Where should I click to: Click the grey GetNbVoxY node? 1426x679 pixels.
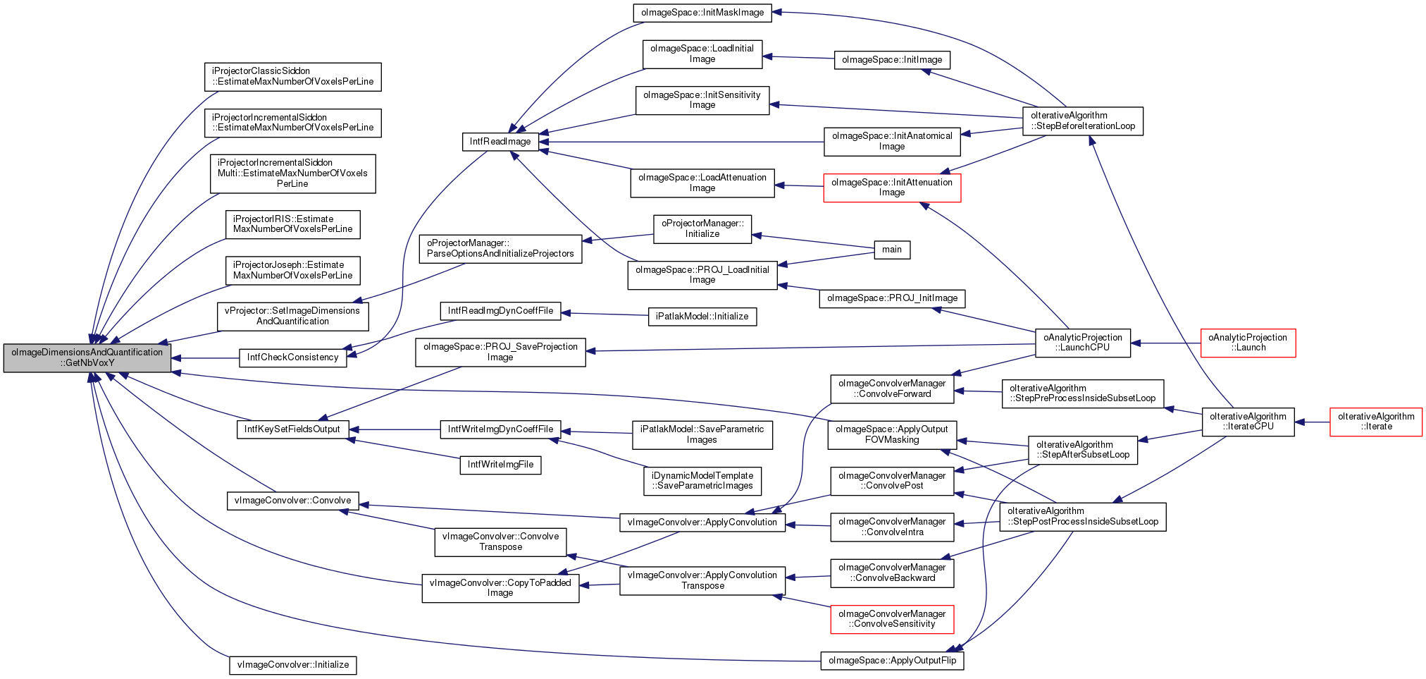point(87,357)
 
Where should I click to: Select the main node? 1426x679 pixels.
point(891,250)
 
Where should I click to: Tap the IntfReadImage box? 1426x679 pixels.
point(500,142)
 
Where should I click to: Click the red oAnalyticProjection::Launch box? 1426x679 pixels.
point(1247,343)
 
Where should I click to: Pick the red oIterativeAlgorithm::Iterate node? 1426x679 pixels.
point(1375,422)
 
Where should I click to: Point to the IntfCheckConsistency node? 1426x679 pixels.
point(292,357)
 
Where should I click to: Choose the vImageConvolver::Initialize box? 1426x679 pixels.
point(292,665)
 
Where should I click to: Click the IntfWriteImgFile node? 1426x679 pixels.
point(500,465)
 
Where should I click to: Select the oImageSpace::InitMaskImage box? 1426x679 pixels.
point(702,13)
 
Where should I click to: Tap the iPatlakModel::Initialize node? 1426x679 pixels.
point(702,317)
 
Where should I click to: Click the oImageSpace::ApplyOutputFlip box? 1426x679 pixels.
point(892,661)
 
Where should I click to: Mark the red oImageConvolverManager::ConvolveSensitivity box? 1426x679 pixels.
point(892,619)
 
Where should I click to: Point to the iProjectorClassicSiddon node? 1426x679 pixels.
point(292,76)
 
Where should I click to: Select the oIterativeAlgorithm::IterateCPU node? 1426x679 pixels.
point(1247,422)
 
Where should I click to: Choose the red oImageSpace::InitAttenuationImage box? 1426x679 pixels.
point(891,188)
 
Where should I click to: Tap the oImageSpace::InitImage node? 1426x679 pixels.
point(891,60)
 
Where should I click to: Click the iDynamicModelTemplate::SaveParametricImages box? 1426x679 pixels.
point(702,481)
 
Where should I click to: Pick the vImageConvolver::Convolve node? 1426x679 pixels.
point(292,501)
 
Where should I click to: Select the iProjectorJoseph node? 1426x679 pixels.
point(292,270)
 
